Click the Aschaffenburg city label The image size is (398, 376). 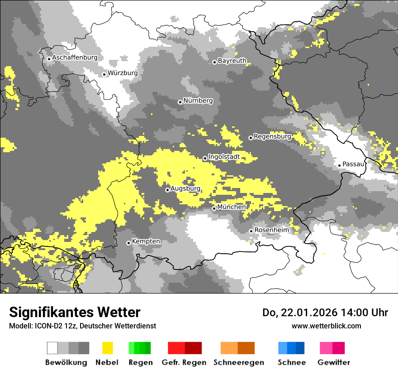tap(75, 58)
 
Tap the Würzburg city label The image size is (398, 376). tap(123, 73)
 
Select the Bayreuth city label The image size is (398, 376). tap(232, 61)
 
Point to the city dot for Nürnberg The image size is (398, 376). tap(180, 102)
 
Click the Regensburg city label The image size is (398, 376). tap(272, 136)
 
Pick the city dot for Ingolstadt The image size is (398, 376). tap(205, 158)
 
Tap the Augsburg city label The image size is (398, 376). tap(185, 189)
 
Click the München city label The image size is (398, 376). tap(232, 207)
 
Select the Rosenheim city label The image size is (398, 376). tap(271, 230)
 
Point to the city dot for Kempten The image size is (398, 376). tap(128, 243)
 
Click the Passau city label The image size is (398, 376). tap(353, 164)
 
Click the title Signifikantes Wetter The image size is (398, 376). tap(75, 313)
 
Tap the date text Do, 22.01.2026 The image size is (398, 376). tap(299, 313)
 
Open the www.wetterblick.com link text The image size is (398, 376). tap(326, 326)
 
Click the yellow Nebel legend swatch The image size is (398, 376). tap(108, 348)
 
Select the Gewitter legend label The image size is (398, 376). tap(334, 362)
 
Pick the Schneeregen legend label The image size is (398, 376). tap(239, 362)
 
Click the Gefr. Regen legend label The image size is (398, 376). tap(184, 362)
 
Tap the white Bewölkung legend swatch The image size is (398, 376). tap(52, 348)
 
